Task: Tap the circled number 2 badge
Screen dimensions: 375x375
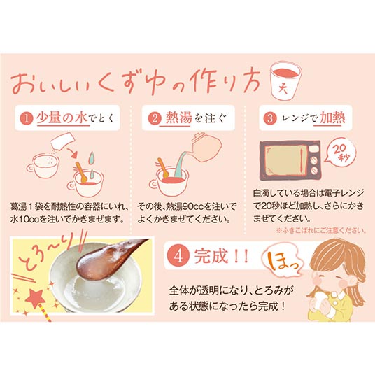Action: point(155,118)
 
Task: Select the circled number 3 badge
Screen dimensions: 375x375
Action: point(270,118)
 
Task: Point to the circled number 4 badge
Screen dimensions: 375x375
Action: point(178,257)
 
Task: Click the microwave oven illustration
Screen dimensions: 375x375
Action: point(290,160)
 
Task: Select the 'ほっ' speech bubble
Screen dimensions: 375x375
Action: point(282,262)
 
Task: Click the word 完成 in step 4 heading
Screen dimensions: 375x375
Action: point(211,257)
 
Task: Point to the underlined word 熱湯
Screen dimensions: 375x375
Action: point(178,118)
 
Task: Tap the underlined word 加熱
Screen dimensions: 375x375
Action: point(332,118)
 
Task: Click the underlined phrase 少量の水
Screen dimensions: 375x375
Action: point(62,118)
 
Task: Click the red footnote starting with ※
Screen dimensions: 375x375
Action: point(321,231)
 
